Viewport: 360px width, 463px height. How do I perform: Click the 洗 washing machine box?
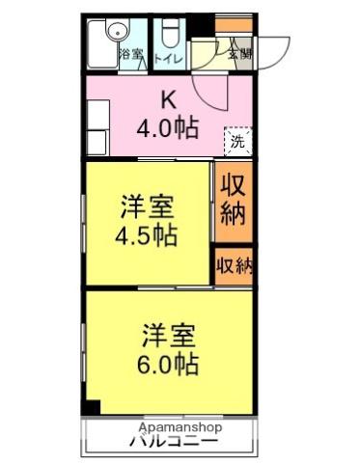238,142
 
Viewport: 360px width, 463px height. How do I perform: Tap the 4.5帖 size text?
146,235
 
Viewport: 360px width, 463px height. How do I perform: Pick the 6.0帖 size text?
167,365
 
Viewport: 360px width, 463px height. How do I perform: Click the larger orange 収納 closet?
232,200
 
